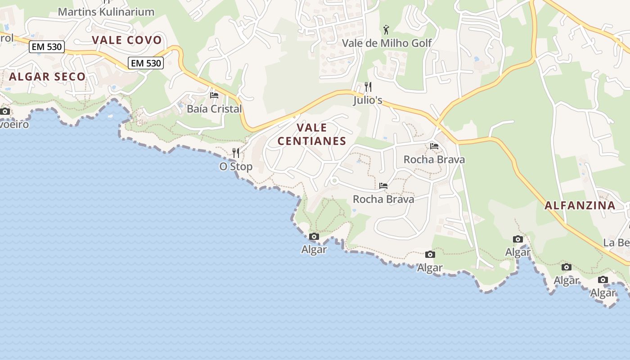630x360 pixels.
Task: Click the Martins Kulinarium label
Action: [106, 12]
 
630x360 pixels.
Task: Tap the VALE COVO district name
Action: [127, 40]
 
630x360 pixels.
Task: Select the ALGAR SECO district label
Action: [47, 76]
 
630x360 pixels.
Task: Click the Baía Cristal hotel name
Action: [214, 109]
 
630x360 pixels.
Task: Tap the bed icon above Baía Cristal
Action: [214, 95]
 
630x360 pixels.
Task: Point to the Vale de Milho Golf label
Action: [387, 43]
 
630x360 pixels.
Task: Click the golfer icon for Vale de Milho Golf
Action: [386, 30]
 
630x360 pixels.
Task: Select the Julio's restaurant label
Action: [368, 100]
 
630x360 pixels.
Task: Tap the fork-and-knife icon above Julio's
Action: [368, 86]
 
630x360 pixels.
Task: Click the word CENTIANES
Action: [312, 141]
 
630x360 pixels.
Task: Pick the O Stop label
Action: [236, 166]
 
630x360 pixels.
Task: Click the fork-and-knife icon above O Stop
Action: [235, 153]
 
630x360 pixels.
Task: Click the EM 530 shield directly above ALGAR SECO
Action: [47, 47]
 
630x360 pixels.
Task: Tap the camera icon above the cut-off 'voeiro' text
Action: [5, 111]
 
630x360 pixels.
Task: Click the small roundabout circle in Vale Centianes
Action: [334, 181]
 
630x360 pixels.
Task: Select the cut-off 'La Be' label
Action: [616, 243]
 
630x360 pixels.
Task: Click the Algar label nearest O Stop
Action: [314, 249]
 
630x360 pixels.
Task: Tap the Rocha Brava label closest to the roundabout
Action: [383, 199]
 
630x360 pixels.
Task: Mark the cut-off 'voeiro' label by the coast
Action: [14, 124]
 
